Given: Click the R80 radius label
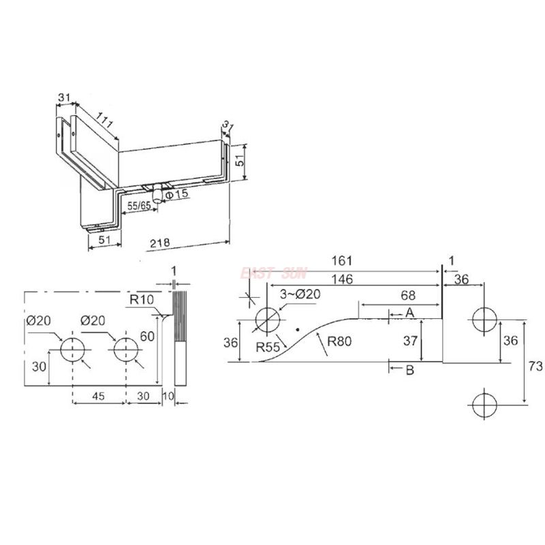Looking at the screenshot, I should coord(339,342).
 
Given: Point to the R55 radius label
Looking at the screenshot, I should coord(270,347).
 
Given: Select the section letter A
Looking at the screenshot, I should coord(409,313).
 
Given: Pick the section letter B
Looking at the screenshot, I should coord(409,371).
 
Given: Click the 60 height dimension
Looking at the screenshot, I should coord(148,337).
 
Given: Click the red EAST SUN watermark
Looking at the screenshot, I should coord(273,272).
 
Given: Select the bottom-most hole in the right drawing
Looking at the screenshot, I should coord(484,404).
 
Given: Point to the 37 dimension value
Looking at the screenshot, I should coord(410,341).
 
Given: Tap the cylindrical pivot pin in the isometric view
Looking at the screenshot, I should coord(157,196).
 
